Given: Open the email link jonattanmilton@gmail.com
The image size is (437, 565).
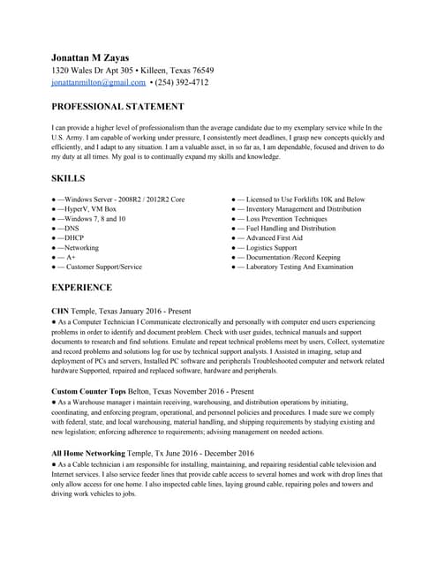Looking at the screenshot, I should (99, 82).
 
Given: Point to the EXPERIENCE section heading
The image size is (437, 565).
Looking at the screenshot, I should (82, 288).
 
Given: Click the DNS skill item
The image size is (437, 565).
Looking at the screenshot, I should (69, 228).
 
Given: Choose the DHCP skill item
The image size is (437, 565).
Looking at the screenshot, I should (72, 238).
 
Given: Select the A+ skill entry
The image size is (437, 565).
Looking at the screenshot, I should (71, 257).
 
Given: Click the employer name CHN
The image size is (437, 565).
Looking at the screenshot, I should (60, 313).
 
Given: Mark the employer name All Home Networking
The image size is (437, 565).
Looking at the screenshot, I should (88, 453).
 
